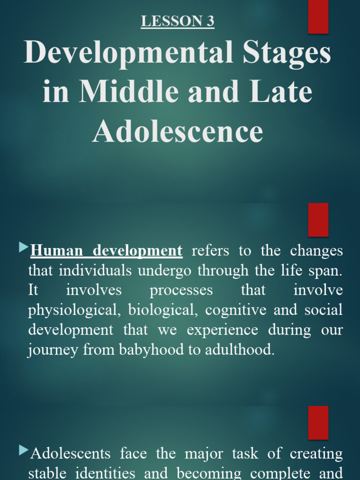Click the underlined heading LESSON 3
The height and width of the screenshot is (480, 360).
[x=178, y=22]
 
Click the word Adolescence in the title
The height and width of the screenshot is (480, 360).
[x=178, y=132]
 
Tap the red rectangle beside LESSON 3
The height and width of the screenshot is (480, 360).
[x=318, y=17]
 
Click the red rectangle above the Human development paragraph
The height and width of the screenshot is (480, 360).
[x=318, y=220]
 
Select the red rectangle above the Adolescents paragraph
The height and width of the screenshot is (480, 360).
[x=318, y=422]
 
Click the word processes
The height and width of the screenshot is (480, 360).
[x=181, y=291]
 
